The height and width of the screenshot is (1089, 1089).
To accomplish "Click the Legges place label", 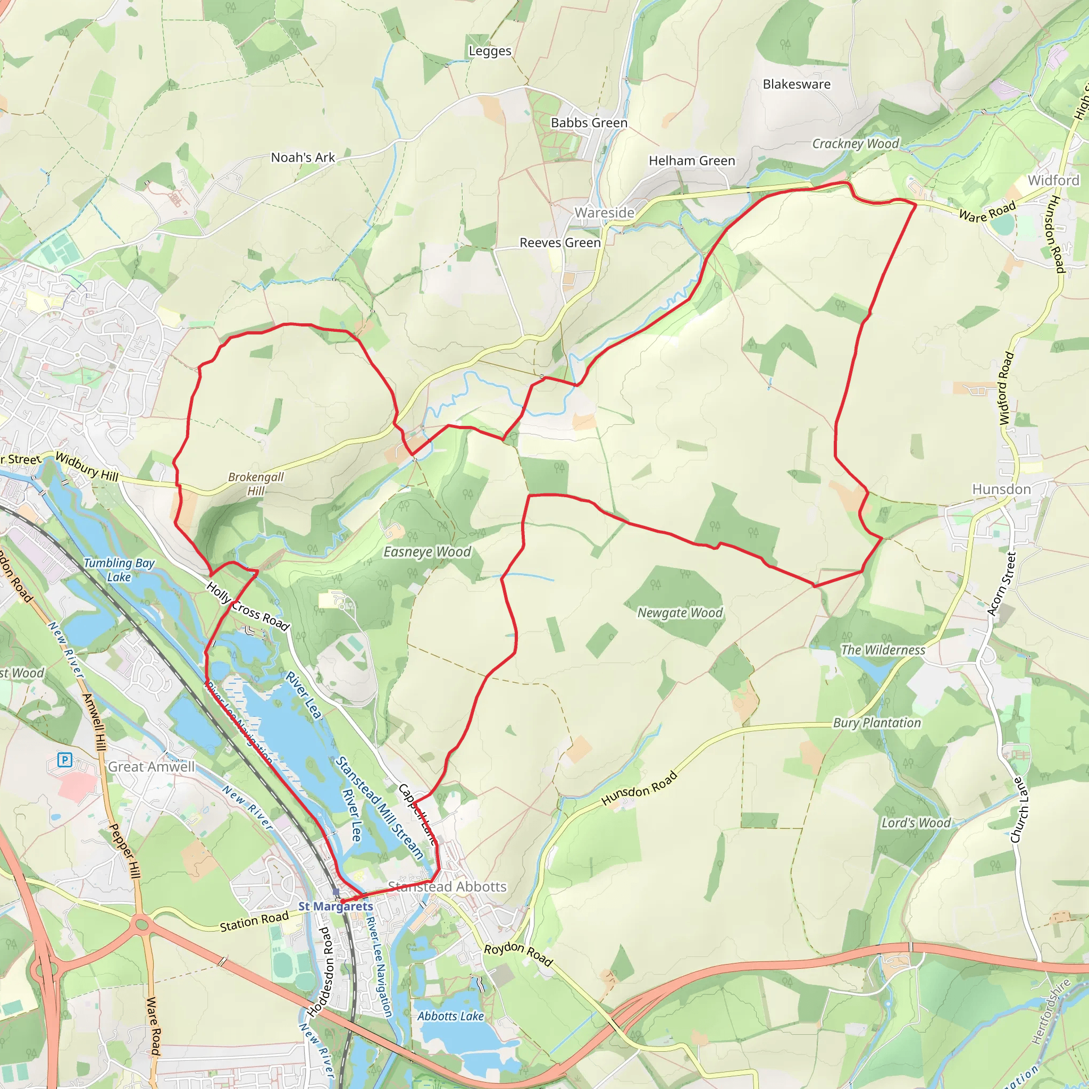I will (x=490, y=51).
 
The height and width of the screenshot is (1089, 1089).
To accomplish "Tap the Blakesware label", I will (x=796, y=85).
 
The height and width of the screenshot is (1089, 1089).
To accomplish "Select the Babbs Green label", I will (x=589, y=123).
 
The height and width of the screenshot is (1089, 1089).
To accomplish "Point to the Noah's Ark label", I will (x=303, y=158).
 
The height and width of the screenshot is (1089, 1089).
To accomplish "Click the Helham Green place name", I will (x=692, y=161).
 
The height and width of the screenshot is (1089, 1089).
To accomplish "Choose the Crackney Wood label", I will (x=855, y=144).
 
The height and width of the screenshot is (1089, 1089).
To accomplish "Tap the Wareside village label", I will (x=604, y=213).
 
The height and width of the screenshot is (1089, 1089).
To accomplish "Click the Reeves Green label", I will (x=560, y=243).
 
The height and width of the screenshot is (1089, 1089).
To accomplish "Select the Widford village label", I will (x=1053, y=180).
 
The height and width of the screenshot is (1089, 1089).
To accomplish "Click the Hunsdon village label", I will (x=1001, y=489).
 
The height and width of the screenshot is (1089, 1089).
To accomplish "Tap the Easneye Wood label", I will (x=426, y=552).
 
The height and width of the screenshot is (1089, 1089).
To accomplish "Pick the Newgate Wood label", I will (x=679, y=613).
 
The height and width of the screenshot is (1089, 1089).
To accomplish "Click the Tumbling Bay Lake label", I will (x=119, y=569).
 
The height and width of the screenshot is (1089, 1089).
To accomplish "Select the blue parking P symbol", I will (x=65, y=761).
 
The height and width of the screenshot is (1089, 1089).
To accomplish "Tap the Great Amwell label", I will (x=151, y=767).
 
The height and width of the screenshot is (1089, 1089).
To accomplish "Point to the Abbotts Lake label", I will (x=450, y=1016).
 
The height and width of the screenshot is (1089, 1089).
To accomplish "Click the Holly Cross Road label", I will (x=247, y=606).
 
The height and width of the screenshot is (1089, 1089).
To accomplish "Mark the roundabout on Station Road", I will (x=141, y=924).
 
